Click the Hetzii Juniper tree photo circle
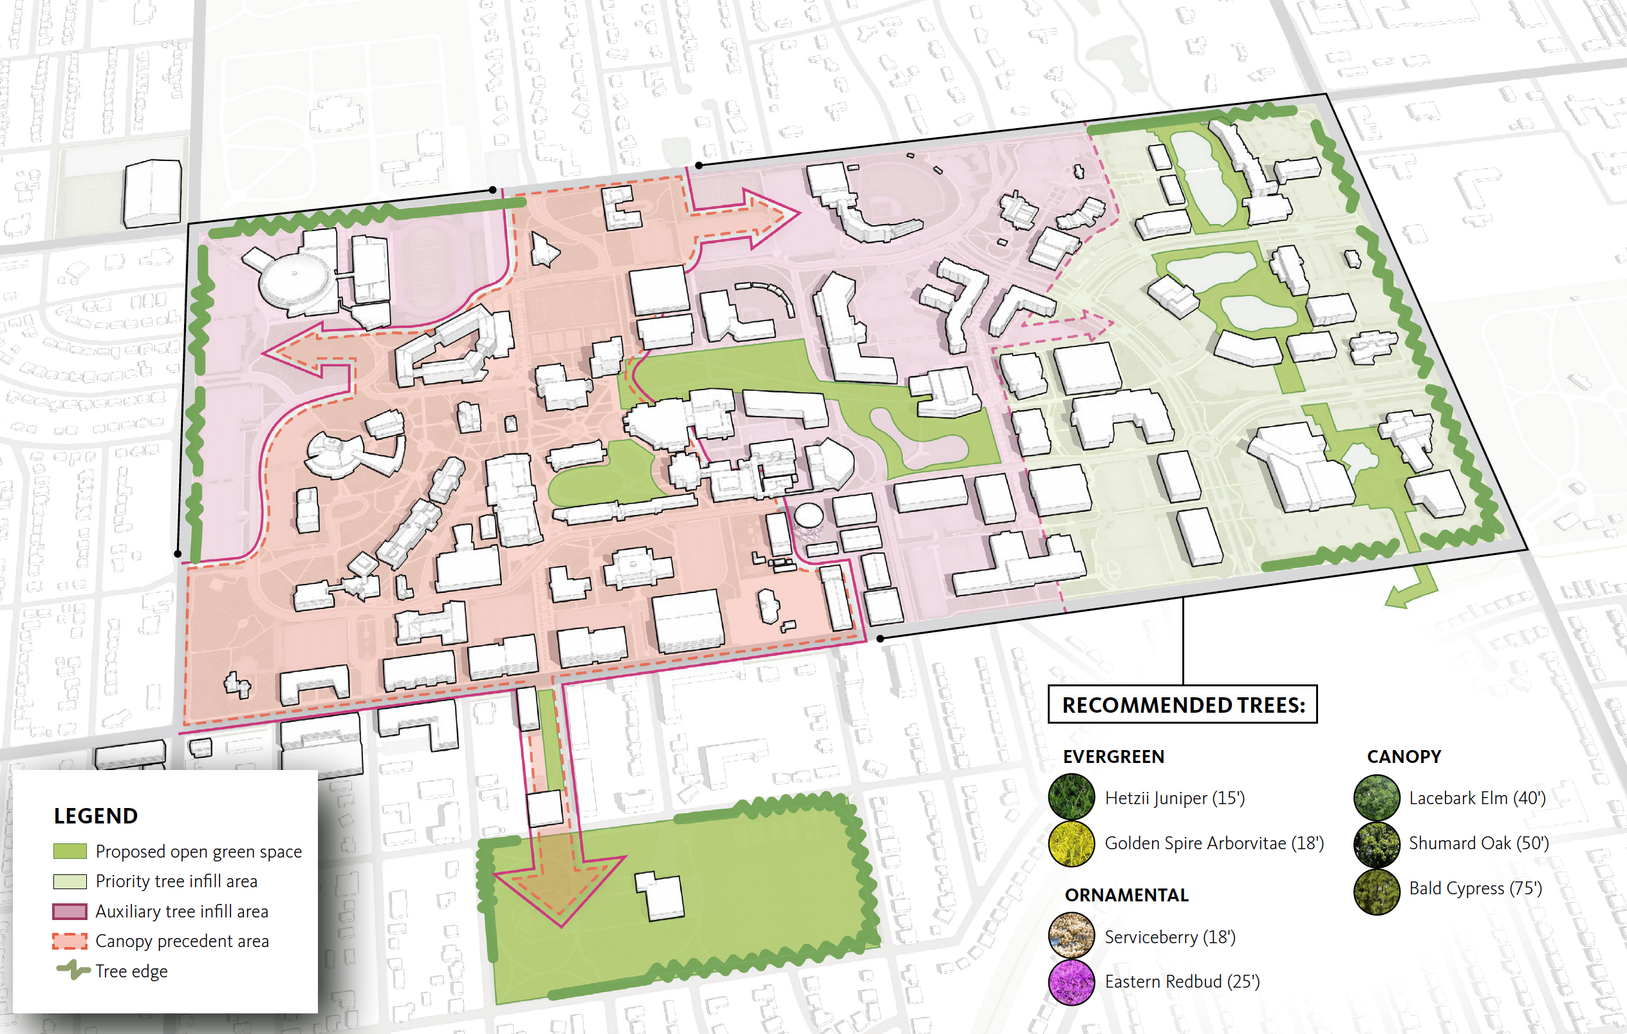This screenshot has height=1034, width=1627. (x=1071, y=798)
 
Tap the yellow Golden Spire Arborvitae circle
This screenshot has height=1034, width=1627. (x=1071, y=843)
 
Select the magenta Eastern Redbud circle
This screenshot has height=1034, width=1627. (x=1071, y=982)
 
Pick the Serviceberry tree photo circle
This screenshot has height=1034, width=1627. (x=1071, y=936)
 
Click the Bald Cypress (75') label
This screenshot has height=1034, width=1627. (x=1475, y=888)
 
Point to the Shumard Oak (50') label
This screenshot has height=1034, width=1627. (x=1478, y=843)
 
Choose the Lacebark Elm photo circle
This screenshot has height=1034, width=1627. (x=1377, y=798)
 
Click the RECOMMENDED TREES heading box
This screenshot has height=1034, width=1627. (x=1182, y=705)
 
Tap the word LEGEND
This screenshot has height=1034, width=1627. (x=95, y=816)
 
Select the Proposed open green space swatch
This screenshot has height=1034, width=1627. (x=70, y=851)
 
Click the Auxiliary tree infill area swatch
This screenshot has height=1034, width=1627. (x=70, y=911)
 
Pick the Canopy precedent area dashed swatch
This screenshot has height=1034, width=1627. (x=70, y=941)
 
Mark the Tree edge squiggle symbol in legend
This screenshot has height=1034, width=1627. (x=73, y=970)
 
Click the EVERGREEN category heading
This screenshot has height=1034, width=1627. (x=1113, y=757)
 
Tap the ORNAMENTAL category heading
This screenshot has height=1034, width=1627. (x=1126, y=895)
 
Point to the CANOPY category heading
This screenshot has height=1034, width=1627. (x=1404, y=757)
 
